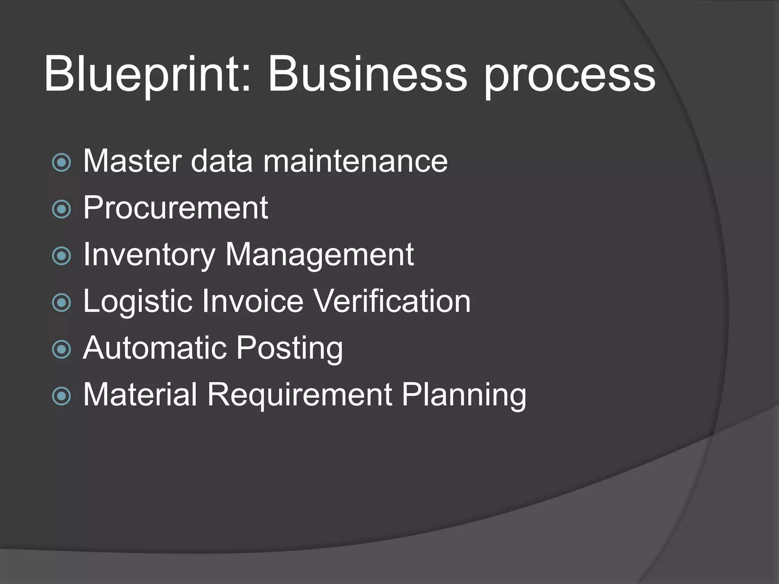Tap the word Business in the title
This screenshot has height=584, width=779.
[367, 75]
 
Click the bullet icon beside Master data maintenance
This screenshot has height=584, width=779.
[61, 162]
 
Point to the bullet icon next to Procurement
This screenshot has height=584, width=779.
[61, 209]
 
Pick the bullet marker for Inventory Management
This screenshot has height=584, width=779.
[61, 256]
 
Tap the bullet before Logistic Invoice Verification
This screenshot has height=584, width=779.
[61, 303]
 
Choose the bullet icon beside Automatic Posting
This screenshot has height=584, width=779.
[61, 349]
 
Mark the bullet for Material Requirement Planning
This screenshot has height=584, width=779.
[61, 396]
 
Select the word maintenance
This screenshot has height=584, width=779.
[355, 161]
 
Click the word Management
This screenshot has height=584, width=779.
[320, 255]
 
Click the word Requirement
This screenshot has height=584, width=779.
[300, 395]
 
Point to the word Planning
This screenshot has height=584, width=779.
[464, 396]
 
